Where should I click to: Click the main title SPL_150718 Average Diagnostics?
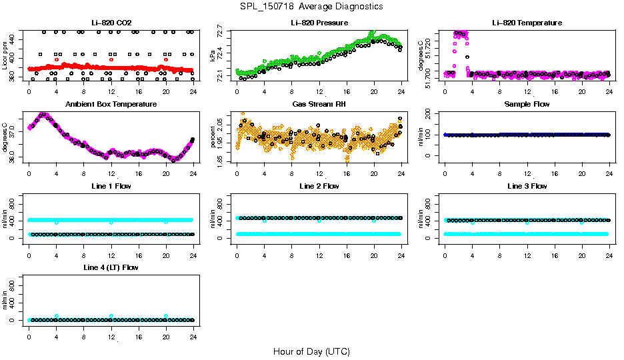pyautogui.click(x=312, y=7)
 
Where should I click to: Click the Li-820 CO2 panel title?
pyautogui.click(x=111, y=23)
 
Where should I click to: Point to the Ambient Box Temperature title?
pyautogui.click(x=111, y=105)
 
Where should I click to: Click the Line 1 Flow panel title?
pyautogui.click(x=111, y=186)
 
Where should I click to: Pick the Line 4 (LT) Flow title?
pyautogui.click(x=111, y=267)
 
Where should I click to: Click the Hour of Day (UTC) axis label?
pyautogui.click(x=311, y=351)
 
